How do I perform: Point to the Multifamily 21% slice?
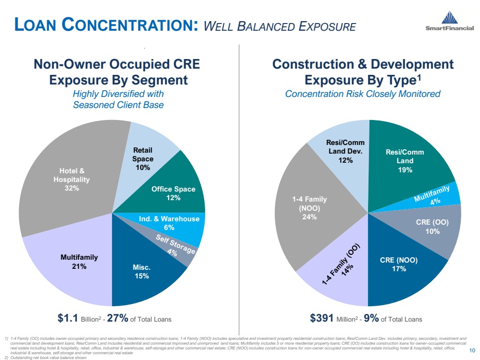72,262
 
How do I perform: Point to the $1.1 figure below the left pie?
67,318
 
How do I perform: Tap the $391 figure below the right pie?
323,318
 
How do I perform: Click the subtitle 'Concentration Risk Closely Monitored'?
363,94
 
